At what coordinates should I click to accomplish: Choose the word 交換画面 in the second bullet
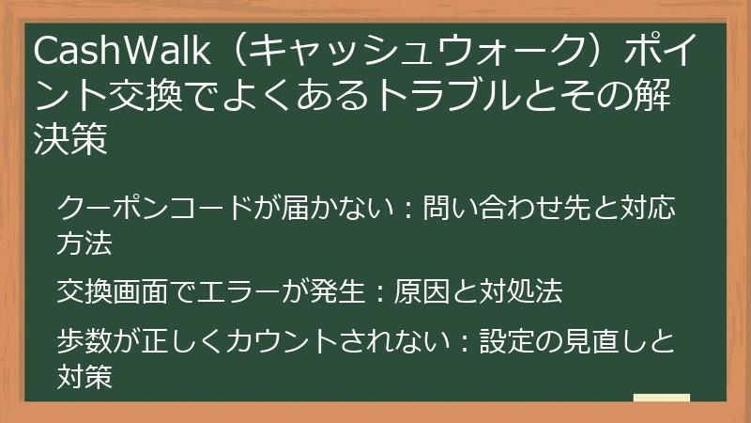(114, 292)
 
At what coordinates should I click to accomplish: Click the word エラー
(237, 292)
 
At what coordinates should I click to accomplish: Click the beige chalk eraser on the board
(661, 398)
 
